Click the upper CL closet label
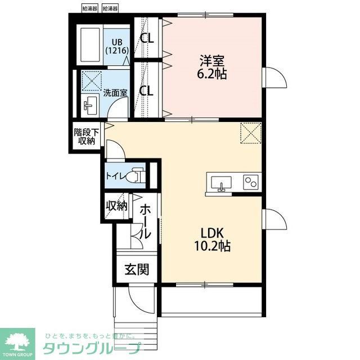click(147, 38)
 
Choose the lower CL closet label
click(147, 89)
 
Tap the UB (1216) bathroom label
click(118, 46)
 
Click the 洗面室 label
click(115, 93)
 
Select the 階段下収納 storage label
click(87, 136)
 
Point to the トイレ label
click(116, 175)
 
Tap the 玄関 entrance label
click(137, 269)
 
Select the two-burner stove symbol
click(250, 182)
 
